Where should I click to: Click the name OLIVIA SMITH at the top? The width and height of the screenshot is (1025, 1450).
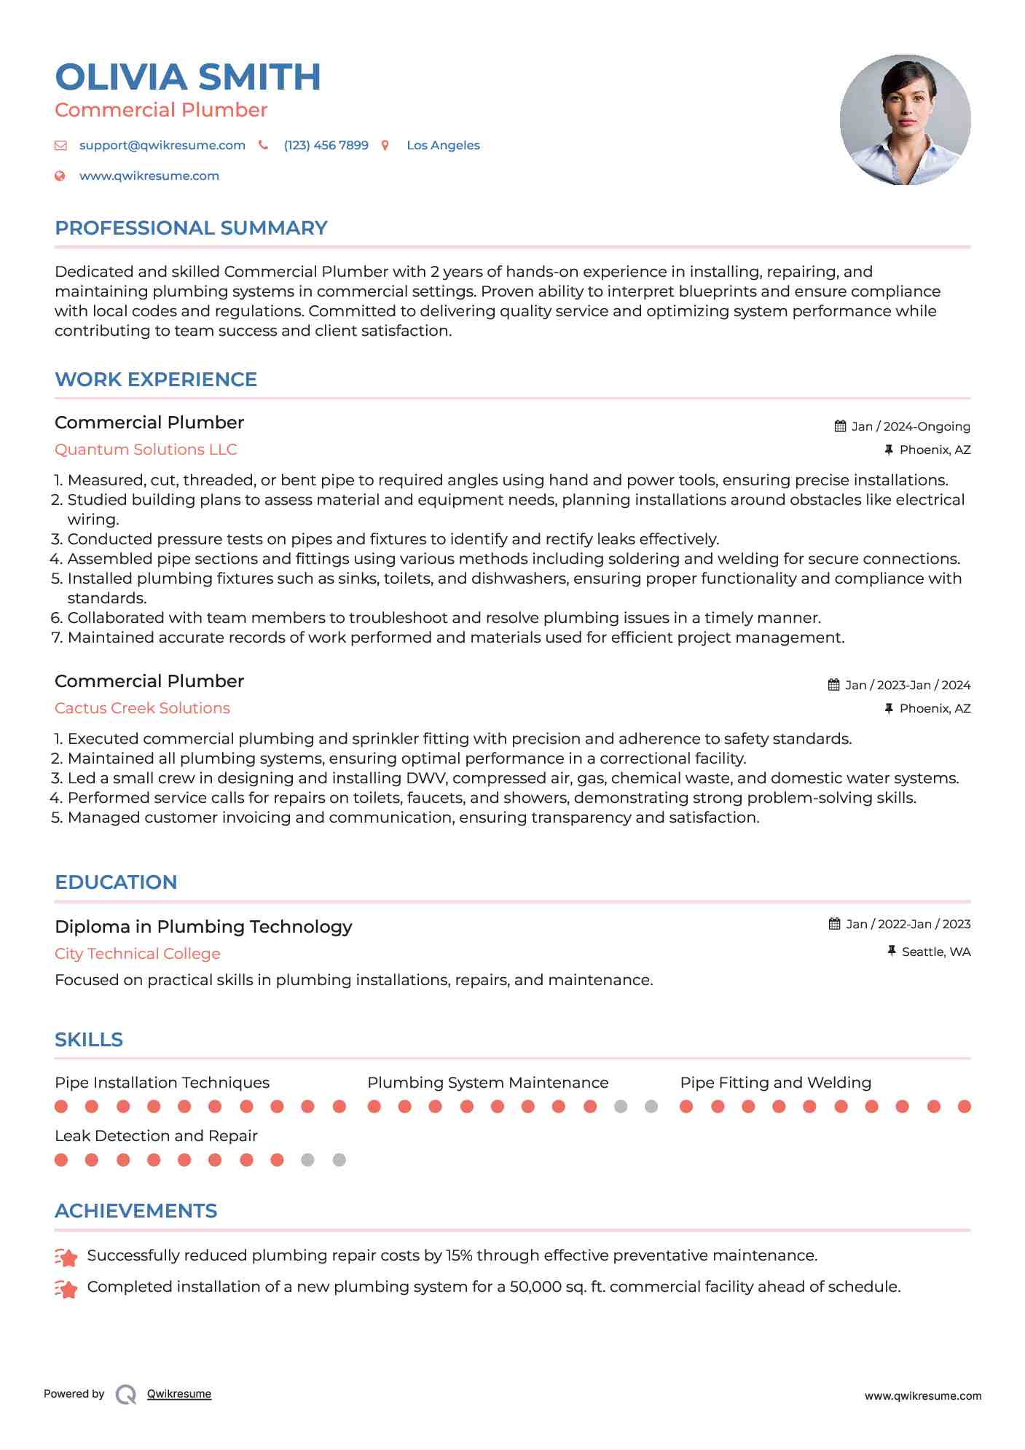pyautogui.click(x=187, y=77)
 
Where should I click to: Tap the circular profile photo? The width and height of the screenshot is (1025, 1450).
pyautogui.click(x=905, y=119)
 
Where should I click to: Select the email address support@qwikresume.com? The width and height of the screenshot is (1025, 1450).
pyautogui.click(x=162, y=145)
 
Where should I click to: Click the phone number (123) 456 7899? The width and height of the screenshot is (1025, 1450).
pyautogui.click(x=326, y=145)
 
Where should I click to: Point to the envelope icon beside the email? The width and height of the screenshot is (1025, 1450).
pyautogui.click(x=60, y=146)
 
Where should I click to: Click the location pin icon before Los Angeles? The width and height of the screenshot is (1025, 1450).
pyautogui.click(x=385, y=146)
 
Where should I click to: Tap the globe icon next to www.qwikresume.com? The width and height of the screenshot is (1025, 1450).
pyautogui.click(x=60, y=176)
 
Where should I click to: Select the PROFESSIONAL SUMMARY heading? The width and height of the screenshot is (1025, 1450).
pyautogui.click(x=191, y=228)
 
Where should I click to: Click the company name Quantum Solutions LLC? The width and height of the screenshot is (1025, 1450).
pyautogui.click(x=146, y=450)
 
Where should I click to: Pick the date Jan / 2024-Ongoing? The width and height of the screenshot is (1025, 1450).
pyautogui.click(x=910, y=426)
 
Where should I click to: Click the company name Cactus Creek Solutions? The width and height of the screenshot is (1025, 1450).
pyautogui.click(x=142, y=708)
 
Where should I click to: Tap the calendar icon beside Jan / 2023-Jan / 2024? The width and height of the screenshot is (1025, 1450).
pyautogui.click(x=833, y=685)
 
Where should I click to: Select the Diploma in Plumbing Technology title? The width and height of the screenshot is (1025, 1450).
pyautogui.click(x=203, y=927)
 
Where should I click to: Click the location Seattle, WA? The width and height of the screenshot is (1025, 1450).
pyautogui.click(x=935, y=952)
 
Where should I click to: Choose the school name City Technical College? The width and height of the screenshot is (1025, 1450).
pyautogui.click(x=137, y=954)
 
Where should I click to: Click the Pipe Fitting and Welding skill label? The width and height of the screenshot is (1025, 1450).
pyautogui.click(x=775, y=1083)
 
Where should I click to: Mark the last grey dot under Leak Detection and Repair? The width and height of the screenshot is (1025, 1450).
pyautogui.click(x=339, y=1160)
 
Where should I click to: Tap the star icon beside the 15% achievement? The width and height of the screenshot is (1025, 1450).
pyautogui.click(x=66, y=1257)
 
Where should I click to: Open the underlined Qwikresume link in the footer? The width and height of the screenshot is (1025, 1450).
pyautogui.click(x=179, y=1394)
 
